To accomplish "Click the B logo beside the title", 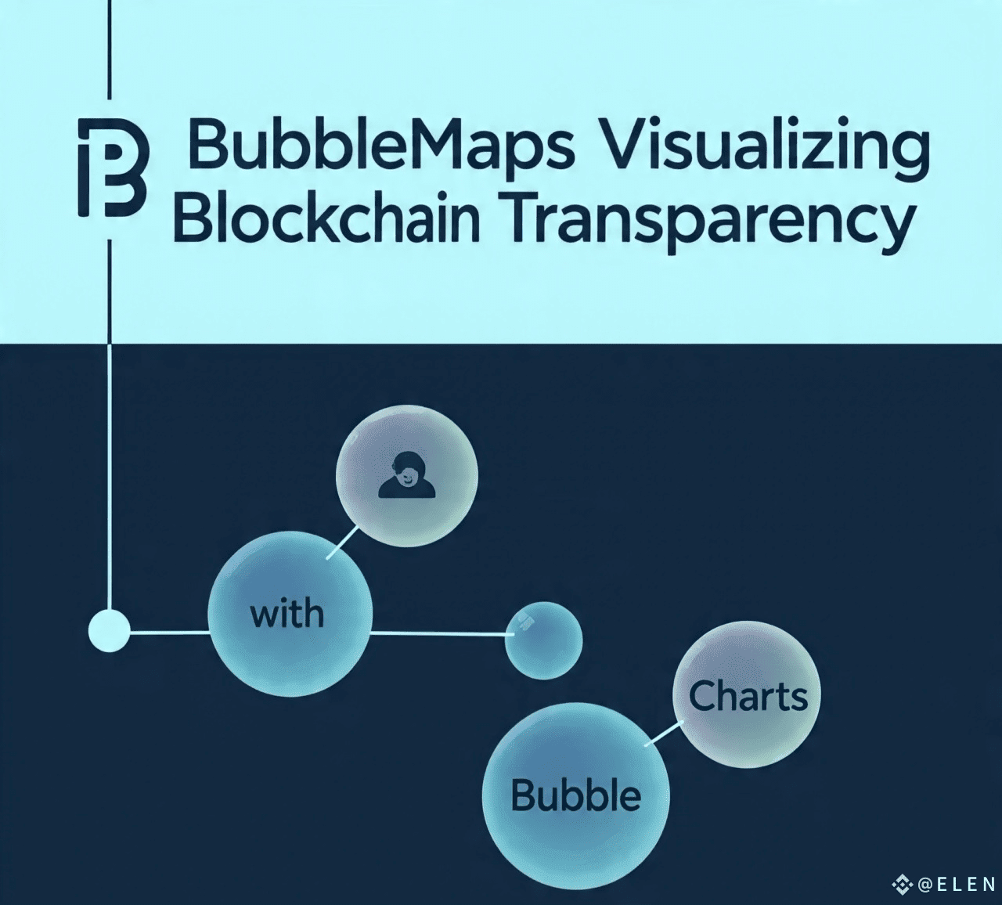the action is pos(114,168).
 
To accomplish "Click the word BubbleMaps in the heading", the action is pos(379,146).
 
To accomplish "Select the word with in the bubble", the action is pos(287,613).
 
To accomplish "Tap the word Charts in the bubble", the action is pos(748,695).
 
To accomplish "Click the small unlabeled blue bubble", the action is pos(543,640).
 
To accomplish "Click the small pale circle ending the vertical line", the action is pos(109,631).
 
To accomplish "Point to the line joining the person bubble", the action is pos(343,543).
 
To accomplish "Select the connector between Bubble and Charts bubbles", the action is pos(665,734).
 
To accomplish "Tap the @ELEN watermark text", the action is pos(957,884).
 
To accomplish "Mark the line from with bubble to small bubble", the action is pos(442,633).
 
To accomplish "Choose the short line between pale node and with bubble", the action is pos(169,633).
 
